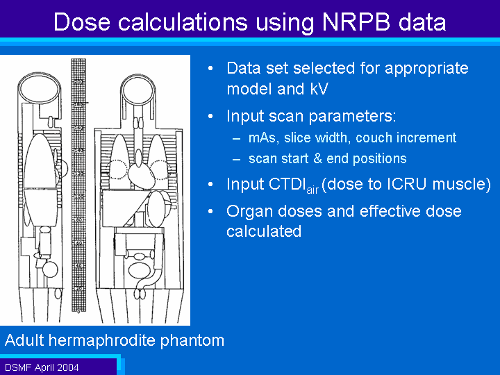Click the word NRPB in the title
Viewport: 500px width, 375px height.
pyautogui.click(x=356, y=22)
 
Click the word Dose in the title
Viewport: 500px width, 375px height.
pyautogui.click(x=82, y=22)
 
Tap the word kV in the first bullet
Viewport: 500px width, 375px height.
pyautogui.click(x=318, y=89)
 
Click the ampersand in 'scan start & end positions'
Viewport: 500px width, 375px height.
pyautogui.click(x=317, y=159)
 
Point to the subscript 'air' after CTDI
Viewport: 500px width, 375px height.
pyautogui.click(x=312, y=190)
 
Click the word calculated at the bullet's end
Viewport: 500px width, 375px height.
pyautogui.click(x=264, y=231)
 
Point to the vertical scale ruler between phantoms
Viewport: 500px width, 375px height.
pyautogui.click(x=78, y=185)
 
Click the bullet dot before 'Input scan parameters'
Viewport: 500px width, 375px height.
pyautogui.click(x=210, y=116)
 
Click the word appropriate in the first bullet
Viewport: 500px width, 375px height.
pyautogui.click(x=426, y=69)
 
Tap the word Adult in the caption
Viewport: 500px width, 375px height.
pyautogui.click(x=24, y=340)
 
